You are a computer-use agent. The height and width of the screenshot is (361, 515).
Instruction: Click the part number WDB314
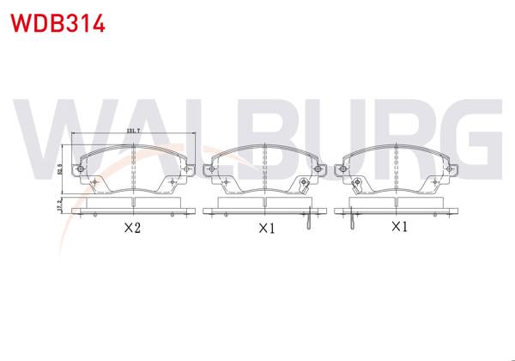click(58, 22)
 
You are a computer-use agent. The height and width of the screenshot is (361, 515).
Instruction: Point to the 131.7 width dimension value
click(133, 131)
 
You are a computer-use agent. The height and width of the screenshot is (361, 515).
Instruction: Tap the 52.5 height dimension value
click(60, 169)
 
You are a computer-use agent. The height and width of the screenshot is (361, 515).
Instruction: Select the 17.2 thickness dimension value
click(60, 206)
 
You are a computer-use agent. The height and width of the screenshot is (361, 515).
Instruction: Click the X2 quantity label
click(131, 229)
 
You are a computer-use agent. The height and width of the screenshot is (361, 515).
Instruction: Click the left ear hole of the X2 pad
click(80, 169)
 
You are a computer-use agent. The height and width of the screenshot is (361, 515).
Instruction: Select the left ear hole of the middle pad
click(214, 169)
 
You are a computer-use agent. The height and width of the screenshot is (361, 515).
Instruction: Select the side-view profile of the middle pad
click(266, 206)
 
